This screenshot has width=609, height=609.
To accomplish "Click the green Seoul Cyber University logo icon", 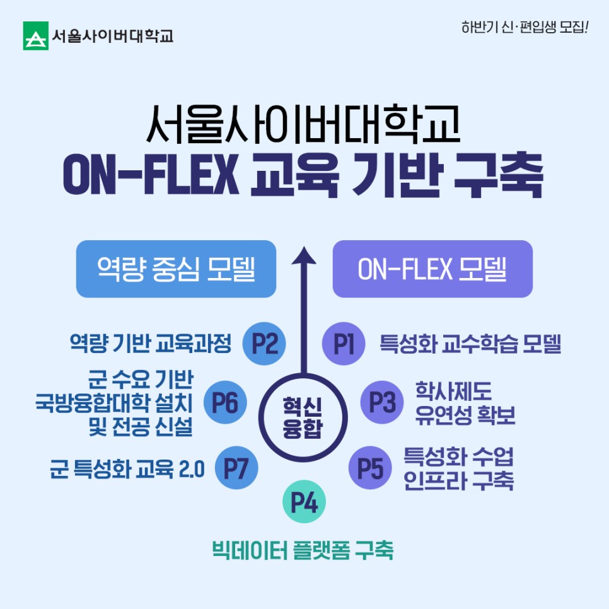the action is pos(36,36).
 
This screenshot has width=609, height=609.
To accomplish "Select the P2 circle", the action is pos(265,344).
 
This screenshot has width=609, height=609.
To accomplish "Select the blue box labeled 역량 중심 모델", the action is pos(176,269).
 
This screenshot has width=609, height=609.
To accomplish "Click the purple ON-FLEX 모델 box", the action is pos(432,269).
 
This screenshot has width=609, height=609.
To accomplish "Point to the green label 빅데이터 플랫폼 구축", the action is pos(303,550).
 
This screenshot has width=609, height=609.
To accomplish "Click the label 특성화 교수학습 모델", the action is pos(470,344).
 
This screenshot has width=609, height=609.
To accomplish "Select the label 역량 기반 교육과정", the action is pos(151,344).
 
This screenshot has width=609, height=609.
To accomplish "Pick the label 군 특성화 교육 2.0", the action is pos(127,470).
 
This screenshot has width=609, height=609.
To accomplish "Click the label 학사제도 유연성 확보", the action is pos(465,403).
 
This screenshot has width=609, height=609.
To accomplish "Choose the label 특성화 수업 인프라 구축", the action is pos(458,468).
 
